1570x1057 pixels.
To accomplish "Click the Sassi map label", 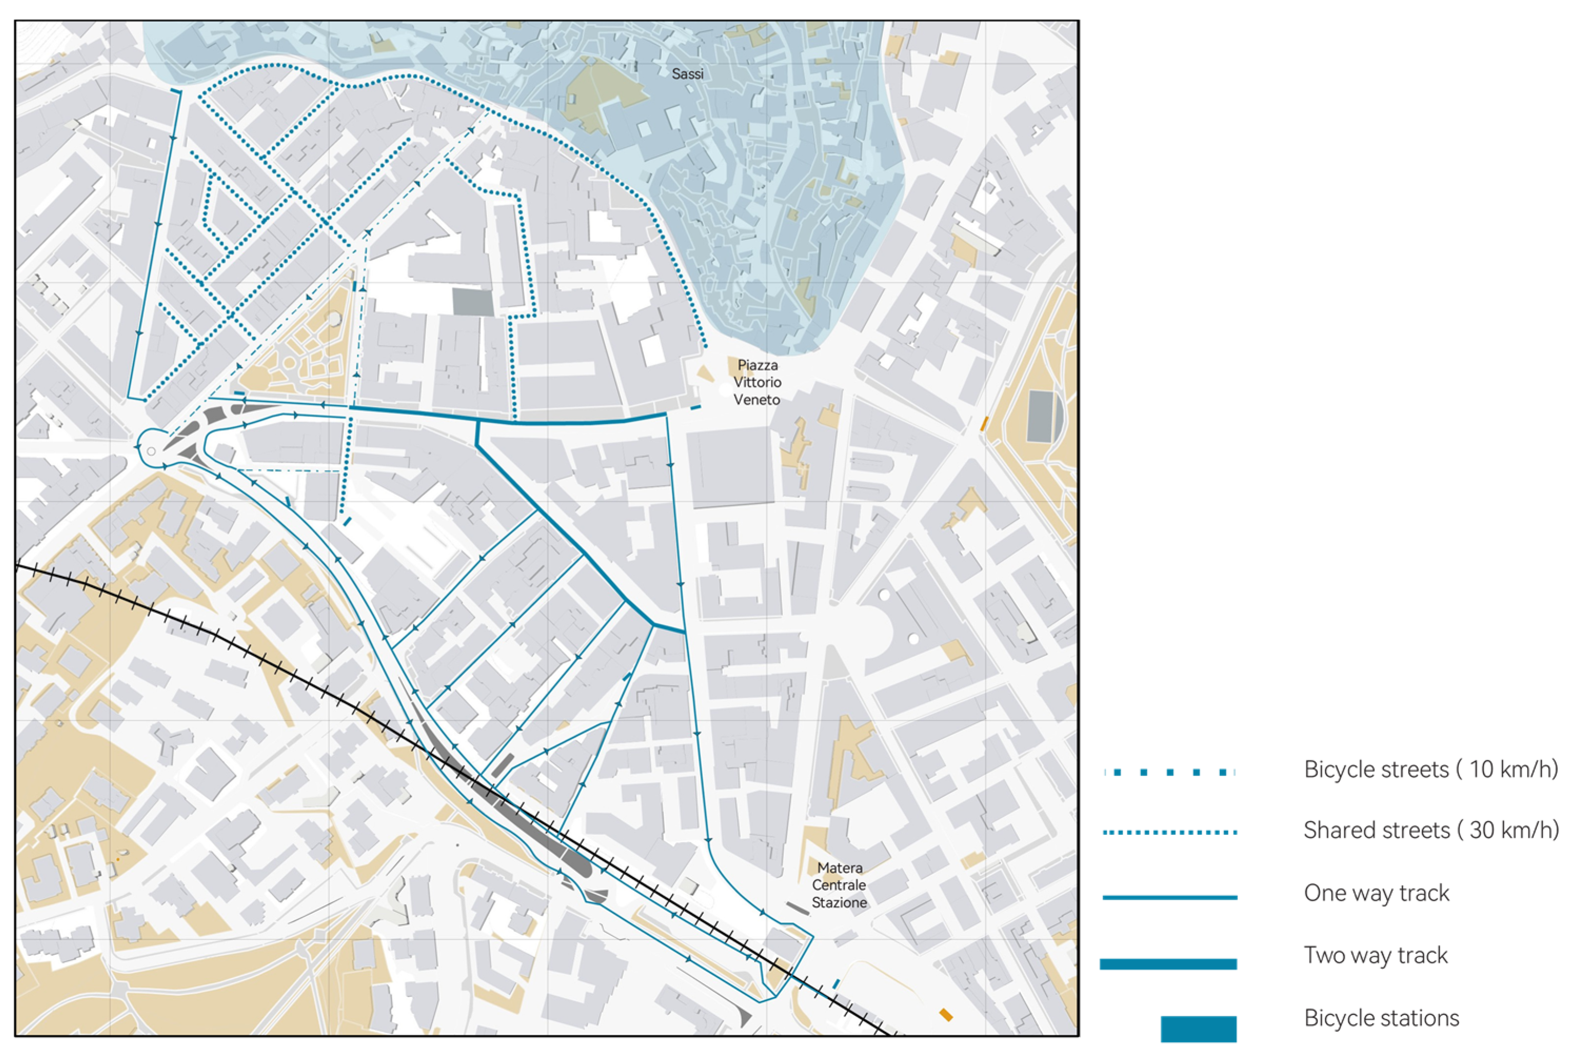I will click(687, 74).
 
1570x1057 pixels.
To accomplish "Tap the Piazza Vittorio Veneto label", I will click(757, 382).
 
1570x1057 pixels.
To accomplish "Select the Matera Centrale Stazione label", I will click(839, 885).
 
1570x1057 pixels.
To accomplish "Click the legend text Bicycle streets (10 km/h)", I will click(1430, 770).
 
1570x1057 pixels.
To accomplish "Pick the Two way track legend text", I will click(1375, 955).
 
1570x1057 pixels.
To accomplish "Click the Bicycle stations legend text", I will click(1380, 1018).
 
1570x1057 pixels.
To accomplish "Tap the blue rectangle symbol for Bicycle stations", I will click(1198, 1029).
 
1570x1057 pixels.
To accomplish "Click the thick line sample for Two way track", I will click(1168, 964).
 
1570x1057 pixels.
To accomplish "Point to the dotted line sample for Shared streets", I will click(1169, 833).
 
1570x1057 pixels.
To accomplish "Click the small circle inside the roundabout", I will click(152, 451).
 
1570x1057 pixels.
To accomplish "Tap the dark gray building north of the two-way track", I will click(473, 302).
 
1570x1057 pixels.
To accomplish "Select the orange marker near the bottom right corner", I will click(946, 1014).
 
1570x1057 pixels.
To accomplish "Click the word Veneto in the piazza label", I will click(757, 400).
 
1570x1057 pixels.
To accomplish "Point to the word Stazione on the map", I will click(839, 903).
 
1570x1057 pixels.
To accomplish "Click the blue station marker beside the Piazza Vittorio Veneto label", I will click(695, 407).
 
